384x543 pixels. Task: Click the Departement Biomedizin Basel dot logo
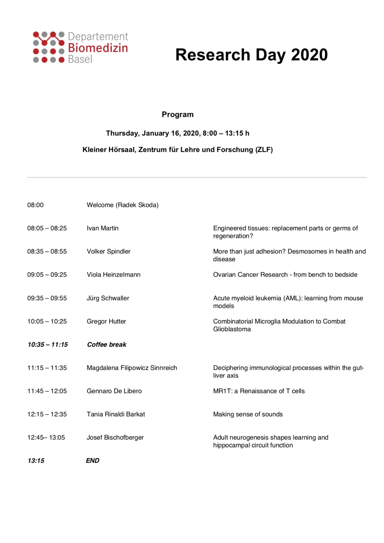pos(48,47)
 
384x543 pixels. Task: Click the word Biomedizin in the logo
pos(98,48)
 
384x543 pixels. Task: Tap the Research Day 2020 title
pos(251,55)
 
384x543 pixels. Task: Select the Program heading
pos(178,115)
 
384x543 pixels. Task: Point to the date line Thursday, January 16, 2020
pos(177,133)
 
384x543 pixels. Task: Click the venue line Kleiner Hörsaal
pos(177,150)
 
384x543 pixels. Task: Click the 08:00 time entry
pos(35,205)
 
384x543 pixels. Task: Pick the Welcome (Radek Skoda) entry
pos(122,205)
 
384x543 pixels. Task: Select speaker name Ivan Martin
pos(102,228)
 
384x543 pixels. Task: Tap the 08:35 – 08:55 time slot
pos(47,252)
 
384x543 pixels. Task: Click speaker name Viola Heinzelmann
pos(114,275)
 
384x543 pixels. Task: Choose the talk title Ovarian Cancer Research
pos(285,275)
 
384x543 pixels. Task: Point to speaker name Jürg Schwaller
pos(108,298)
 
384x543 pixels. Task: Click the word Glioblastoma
pos(232,329)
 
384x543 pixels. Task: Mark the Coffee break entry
pos(106,345)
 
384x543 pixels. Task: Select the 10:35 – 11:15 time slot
pos(48,345)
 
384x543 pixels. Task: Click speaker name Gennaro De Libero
pos(114,391)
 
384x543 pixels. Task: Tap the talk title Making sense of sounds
pos(248,414)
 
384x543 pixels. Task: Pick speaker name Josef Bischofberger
pos(115,438)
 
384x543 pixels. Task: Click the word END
pos(92,461)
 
